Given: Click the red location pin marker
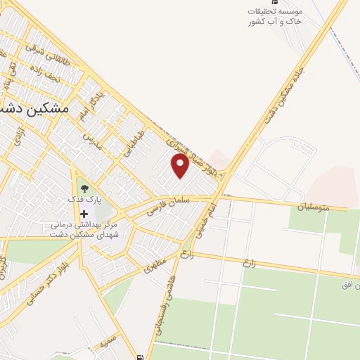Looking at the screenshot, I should click(x=180, y=166).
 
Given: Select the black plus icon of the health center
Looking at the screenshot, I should click(x=84, y=214).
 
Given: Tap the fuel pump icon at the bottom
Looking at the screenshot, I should click(x=141, y=356).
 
